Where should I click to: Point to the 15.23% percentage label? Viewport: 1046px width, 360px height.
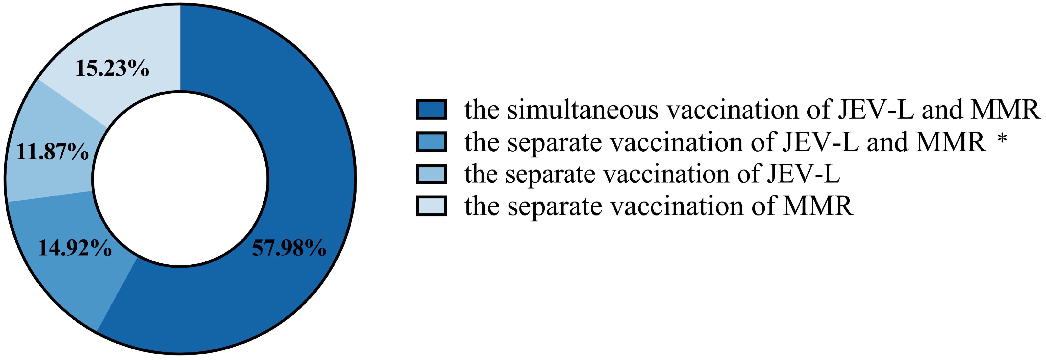(x=112, y=69)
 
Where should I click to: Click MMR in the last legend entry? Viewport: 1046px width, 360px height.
(x=818, y=206)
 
